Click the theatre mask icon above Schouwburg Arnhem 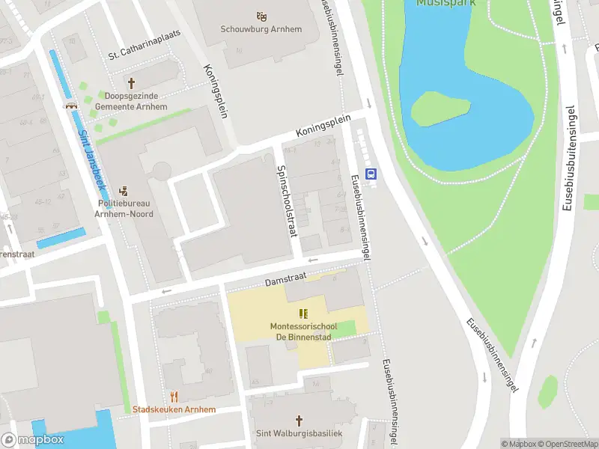[x=261, y=16]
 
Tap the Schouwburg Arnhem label [x=261, y=30]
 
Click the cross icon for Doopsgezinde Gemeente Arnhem [x=132, y=83]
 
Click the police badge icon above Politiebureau [x=124, y=191]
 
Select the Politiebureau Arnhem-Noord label [x=125, y=209]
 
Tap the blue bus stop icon [x=370, y=174]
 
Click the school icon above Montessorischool [x=303, y=314]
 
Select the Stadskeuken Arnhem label [x=174, y=409]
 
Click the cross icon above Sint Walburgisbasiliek [x=299, y=421]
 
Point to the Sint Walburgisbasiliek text [x=299, y=434]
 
